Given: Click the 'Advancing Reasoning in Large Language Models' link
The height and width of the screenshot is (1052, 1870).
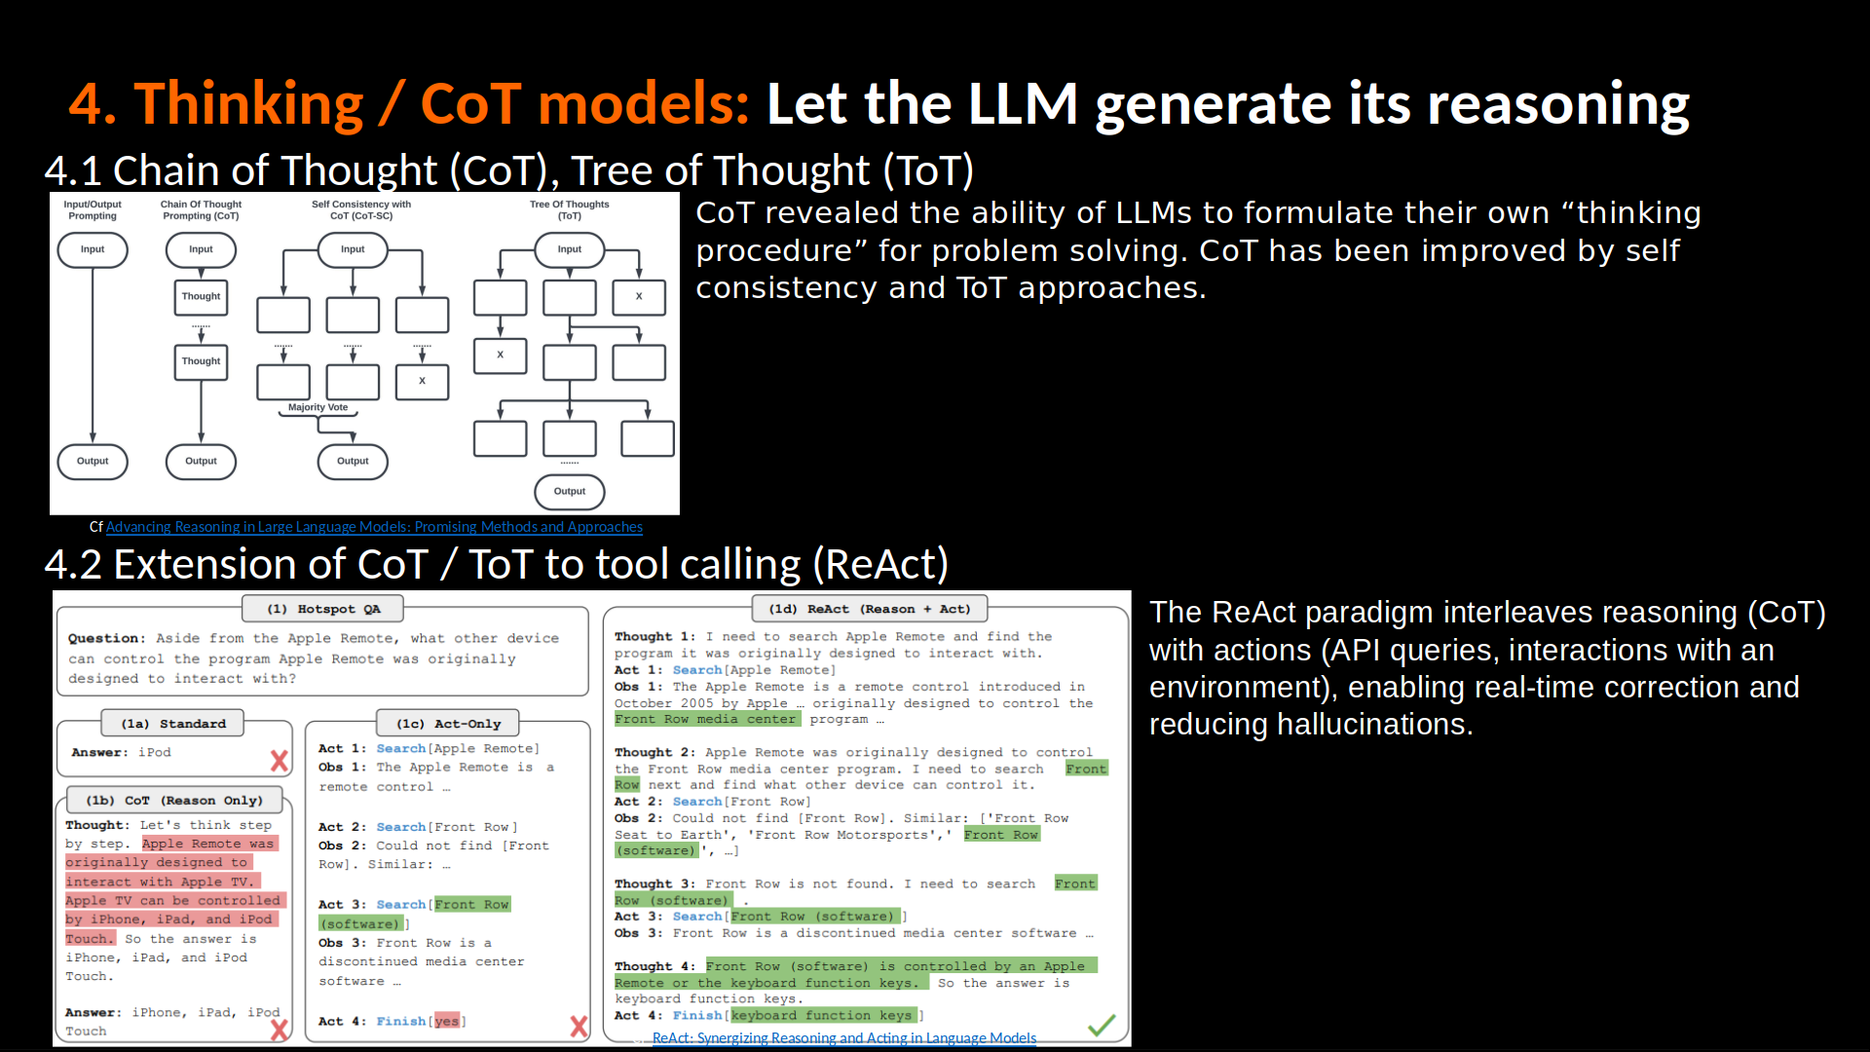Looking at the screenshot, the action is point(374,527).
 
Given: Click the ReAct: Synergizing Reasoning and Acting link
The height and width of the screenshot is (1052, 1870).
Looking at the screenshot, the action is point(843,1038).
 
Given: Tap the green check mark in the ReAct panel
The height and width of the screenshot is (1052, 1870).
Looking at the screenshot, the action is point(1102,1025).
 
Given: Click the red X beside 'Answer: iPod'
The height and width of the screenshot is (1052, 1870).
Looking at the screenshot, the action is point(280,761).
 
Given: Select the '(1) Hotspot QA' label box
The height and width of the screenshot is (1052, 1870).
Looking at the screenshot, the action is point(323,609).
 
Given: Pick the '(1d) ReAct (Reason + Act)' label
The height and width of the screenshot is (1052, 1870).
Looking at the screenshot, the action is point(870,609).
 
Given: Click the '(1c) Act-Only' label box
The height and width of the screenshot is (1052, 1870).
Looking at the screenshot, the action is point(448,724).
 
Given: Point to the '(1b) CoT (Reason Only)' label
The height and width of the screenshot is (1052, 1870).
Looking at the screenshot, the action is point(174,801).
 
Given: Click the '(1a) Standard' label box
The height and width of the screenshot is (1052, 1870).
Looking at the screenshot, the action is point(173,724).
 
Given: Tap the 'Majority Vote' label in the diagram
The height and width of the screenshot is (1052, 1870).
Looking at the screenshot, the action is point(318,407).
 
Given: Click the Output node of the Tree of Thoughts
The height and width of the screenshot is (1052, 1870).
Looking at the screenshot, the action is point(570,492).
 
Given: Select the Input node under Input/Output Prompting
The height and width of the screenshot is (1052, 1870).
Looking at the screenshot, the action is point(93,249).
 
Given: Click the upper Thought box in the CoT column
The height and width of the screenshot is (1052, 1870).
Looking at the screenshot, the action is point(201,296).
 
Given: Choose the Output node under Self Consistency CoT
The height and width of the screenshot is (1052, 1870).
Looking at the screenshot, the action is point(353,462).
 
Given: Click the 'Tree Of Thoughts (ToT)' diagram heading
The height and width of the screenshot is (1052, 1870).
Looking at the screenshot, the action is point(570,210).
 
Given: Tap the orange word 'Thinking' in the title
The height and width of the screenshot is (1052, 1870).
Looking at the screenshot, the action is point(249,104).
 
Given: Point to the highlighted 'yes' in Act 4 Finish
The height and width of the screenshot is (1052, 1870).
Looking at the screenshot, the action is point(446,1021).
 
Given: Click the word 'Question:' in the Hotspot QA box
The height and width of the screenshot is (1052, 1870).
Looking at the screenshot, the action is point(106,639).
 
